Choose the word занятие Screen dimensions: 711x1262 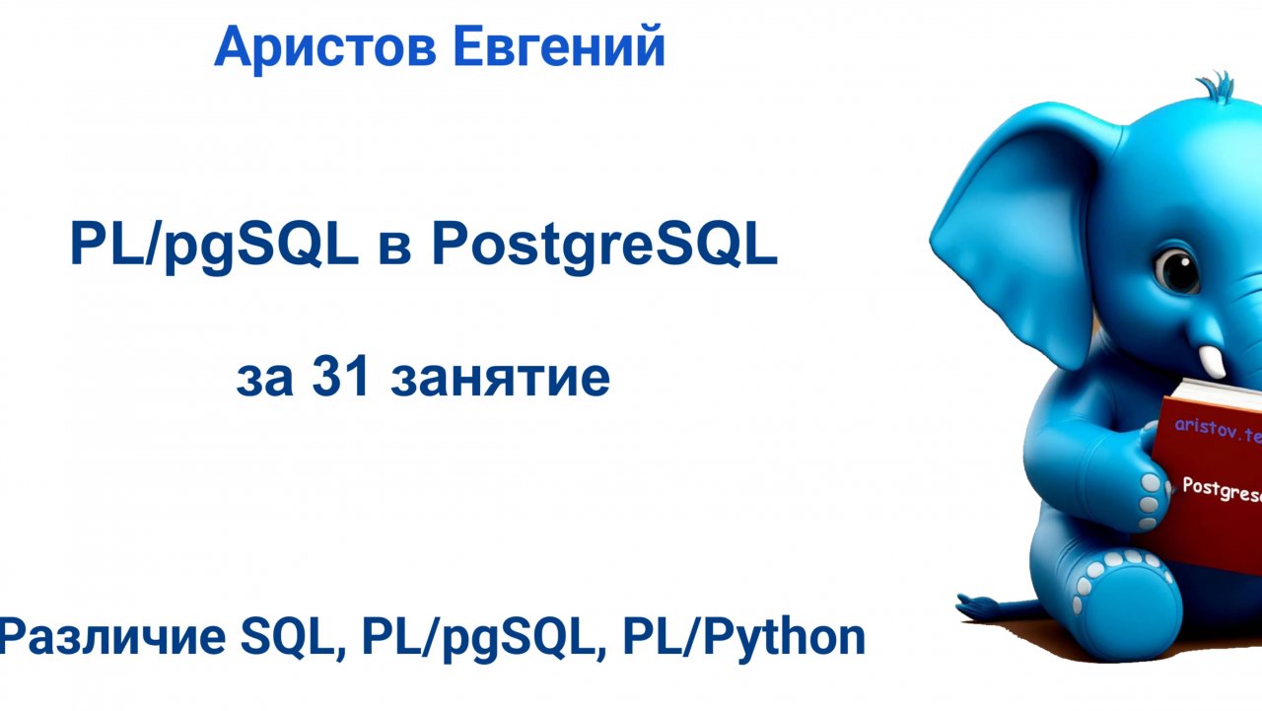pos(500,380)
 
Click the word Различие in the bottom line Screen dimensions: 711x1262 pos(113,638)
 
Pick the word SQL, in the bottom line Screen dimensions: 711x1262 pos(293,638)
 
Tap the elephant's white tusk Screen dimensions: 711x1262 pos(1214,361)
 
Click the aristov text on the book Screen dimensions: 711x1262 pos(1217,430)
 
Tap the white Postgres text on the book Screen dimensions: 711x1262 pos(1221,486)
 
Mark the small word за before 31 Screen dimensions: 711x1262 pos(265,380)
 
